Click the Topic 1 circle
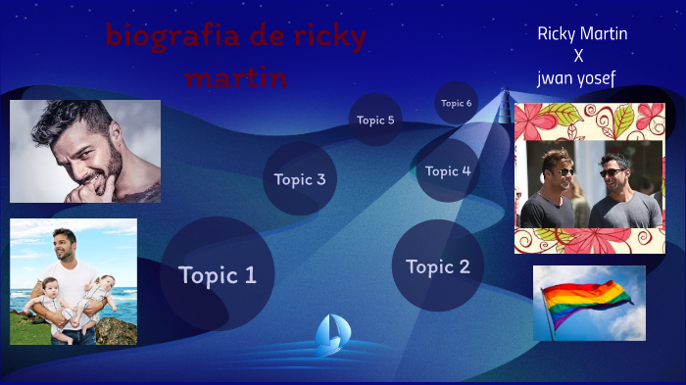217,275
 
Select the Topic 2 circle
437,266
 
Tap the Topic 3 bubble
300,179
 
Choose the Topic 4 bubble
447,170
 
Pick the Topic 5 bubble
375,120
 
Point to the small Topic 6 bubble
456,103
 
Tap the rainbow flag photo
589,303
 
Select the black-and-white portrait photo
85,151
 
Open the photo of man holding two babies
73,281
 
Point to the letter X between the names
578,56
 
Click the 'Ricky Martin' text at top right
582,34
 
